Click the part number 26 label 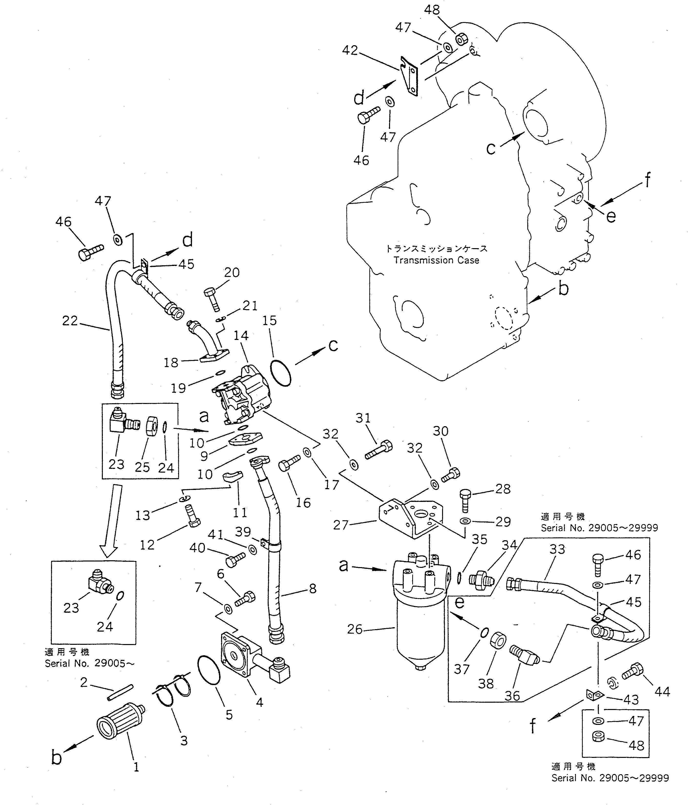354,629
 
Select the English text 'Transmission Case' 436,260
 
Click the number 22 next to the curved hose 70,320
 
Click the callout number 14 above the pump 241,335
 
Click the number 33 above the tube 557,549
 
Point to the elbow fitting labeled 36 523,656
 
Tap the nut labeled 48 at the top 461,38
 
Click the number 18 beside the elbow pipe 170,362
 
